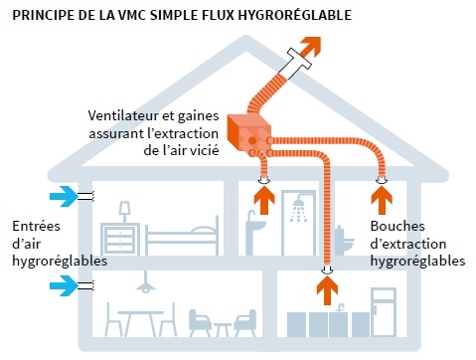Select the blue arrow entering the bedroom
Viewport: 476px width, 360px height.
pyautogui.click(x=63, y=195)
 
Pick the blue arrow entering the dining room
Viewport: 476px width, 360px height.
pyautogui.click(x=63, y=286)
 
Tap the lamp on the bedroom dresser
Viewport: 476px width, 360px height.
pyautogui.click(x=125, y=211)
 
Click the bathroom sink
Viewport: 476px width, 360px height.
pyautogui.click(x=255, y=230)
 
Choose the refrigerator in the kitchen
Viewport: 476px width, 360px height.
pyautogui.click(x=384, y=312)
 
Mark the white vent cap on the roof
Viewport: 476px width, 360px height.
pyautogui.click(x=297, y=64)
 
